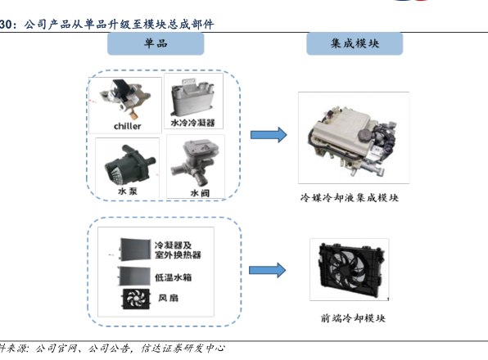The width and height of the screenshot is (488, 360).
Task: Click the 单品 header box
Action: (x=156, y=43)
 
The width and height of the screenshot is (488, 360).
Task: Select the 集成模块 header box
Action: (x=355, y=43)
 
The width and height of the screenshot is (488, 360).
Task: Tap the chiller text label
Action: (x=127, y=126)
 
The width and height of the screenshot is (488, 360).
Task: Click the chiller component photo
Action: (x=124, y=99)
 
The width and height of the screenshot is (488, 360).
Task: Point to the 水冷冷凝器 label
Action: (x=192, y=123)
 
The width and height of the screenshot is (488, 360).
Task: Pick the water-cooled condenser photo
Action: (x=192, y=97)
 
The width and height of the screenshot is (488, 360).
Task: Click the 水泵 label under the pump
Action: (x=127, y=191)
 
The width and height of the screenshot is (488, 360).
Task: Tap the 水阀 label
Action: (x=200, y=193)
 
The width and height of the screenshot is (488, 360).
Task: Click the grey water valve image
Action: (x=196, y=163)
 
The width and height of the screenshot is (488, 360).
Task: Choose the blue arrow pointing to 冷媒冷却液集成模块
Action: (x=269, y=135)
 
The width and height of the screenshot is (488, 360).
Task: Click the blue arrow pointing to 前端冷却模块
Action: (x=268, y=271)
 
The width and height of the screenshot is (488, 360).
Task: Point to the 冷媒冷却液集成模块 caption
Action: (x=349, y=198)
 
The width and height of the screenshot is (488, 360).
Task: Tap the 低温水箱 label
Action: (x=174, y=277)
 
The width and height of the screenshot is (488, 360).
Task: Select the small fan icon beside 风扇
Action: (x=136, y=299)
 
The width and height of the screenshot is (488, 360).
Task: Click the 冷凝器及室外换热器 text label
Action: (x=178, y=250)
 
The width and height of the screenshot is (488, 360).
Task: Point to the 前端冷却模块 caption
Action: (x=353, y=318)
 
